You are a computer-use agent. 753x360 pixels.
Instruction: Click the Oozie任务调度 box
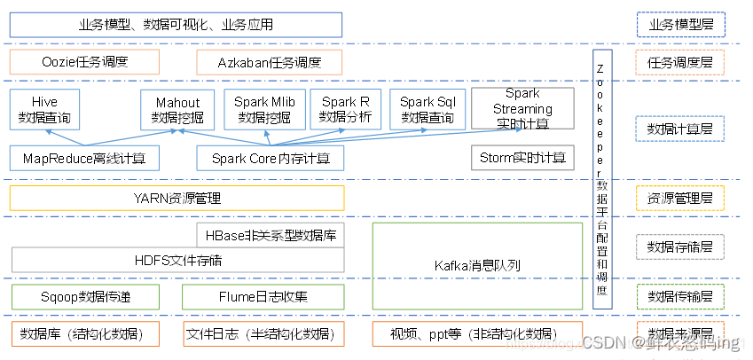[x=84, y=62]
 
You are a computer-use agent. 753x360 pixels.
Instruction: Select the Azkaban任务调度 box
[x=268, y=62]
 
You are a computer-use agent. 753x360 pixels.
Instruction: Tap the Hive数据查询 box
[x=44, y=110]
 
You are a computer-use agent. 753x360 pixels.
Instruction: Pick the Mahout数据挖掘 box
[x=177, y=110]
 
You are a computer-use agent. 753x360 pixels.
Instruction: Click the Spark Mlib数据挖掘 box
[x=264, y=110]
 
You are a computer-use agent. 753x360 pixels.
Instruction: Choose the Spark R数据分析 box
[x=346, y=110]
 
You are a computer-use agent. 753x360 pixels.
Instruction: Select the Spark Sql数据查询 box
[x=429, y=110]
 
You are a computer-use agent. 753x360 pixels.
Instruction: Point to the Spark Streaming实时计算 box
[x=522, y=108]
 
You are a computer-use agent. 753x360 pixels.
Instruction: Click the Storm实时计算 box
[x=522, y=159]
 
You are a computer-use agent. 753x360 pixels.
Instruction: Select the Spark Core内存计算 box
[x=271, y=159]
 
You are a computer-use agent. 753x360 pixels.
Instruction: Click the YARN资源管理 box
[x=177, y=198]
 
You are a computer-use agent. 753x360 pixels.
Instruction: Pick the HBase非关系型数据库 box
[x=271, y=235]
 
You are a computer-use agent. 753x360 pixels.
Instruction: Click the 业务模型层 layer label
[x=680, y=24]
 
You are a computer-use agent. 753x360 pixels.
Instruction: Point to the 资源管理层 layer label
[x=680, y=198]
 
